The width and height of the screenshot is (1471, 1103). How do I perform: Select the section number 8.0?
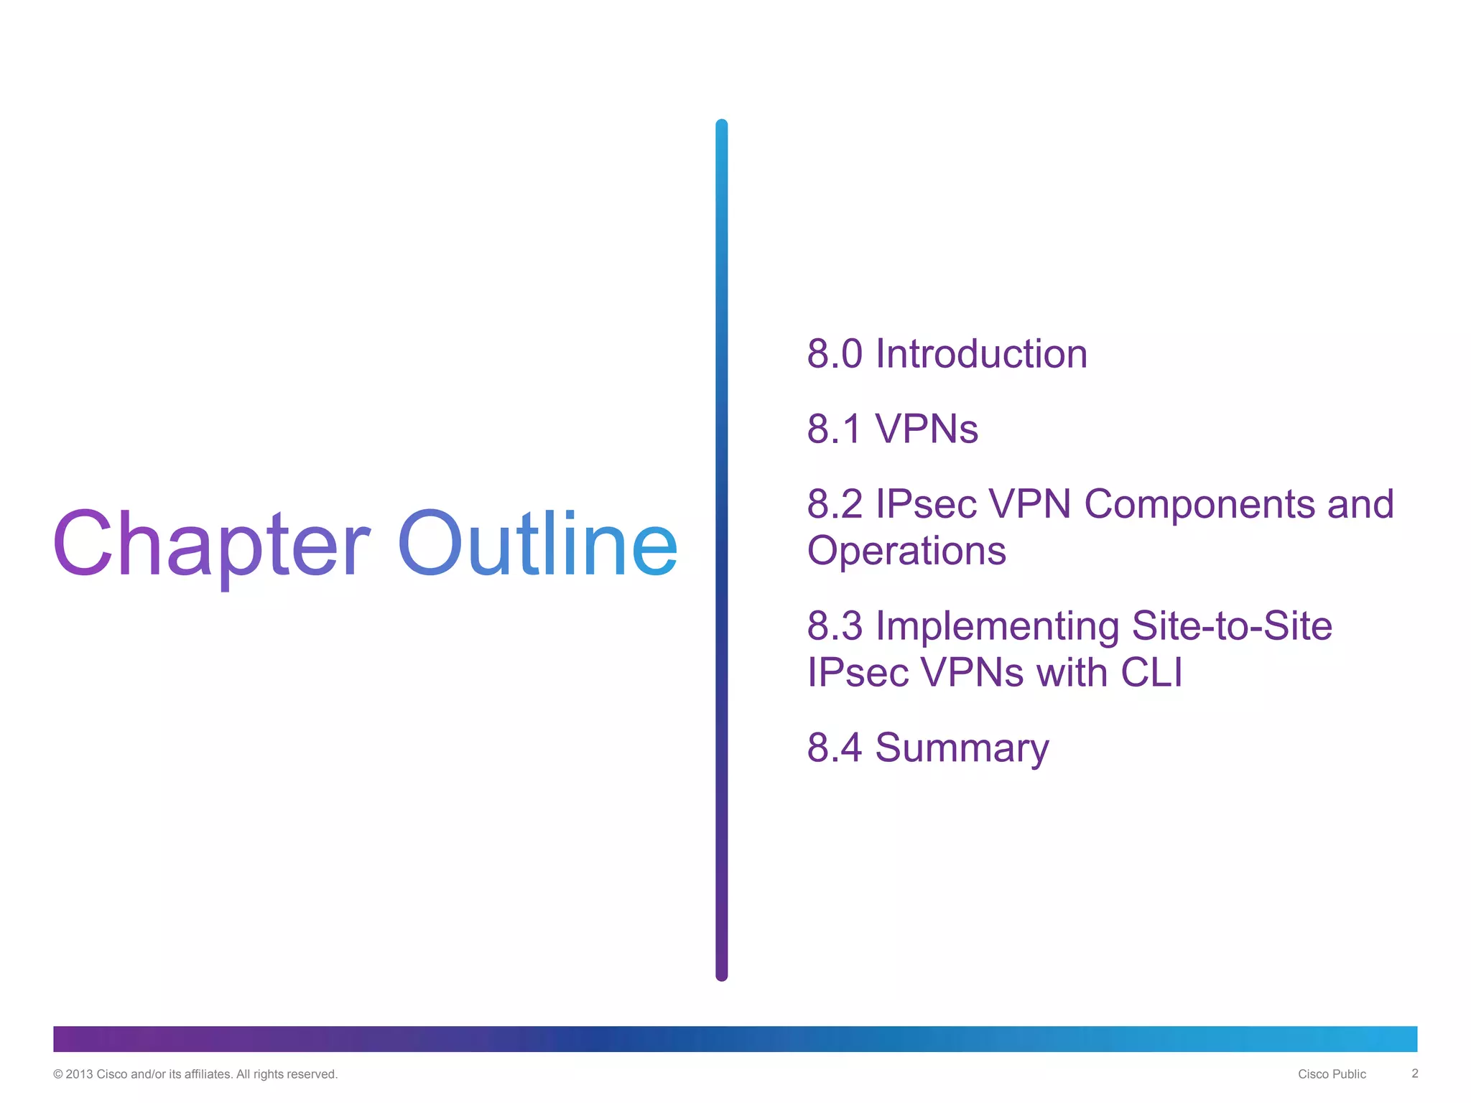click(834, 354)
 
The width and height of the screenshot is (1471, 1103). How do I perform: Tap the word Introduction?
click(981, 354)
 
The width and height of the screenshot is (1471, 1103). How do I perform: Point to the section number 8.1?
click(833, 429)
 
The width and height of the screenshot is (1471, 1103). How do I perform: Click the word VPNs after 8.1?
click(927, 429)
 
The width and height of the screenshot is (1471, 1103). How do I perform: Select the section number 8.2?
click(834, 504)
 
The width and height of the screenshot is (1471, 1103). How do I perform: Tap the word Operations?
click(906, 551)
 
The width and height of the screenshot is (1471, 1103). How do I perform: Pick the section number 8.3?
click(834, 625)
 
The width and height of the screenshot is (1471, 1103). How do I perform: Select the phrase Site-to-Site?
click(1232, 625)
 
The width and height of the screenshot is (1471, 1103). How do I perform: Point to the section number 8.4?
click(834, 748)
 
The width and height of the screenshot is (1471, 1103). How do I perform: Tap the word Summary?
click(962, 749)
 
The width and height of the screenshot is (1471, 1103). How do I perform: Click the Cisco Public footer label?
click(1332, 1074)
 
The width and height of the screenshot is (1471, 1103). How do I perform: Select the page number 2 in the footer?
click(1414, 1074)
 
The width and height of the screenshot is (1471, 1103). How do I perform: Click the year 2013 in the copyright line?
click(79, 1074)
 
